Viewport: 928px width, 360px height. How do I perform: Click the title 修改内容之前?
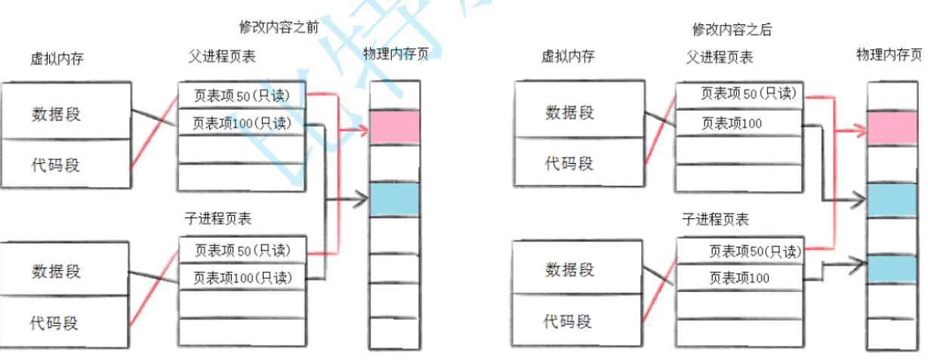(279, 27)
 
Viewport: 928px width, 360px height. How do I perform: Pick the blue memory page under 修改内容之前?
(393, 199)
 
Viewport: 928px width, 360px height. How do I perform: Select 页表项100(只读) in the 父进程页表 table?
(242, 123)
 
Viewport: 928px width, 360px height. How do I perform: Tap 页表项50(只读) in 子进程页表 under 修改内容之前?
(242, 249)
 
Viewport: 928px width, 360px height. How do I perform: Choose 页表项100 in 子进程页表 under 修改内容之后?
(739, 278)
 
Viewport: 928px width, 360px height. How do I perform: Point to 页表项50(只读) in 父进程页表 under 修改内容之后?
(739, 94)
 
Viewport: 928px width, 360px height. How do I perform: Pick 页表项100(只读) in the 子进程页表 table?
(242, 278)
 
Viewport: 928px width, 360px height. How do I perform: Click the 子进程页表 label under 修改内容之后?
(715, 220)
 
